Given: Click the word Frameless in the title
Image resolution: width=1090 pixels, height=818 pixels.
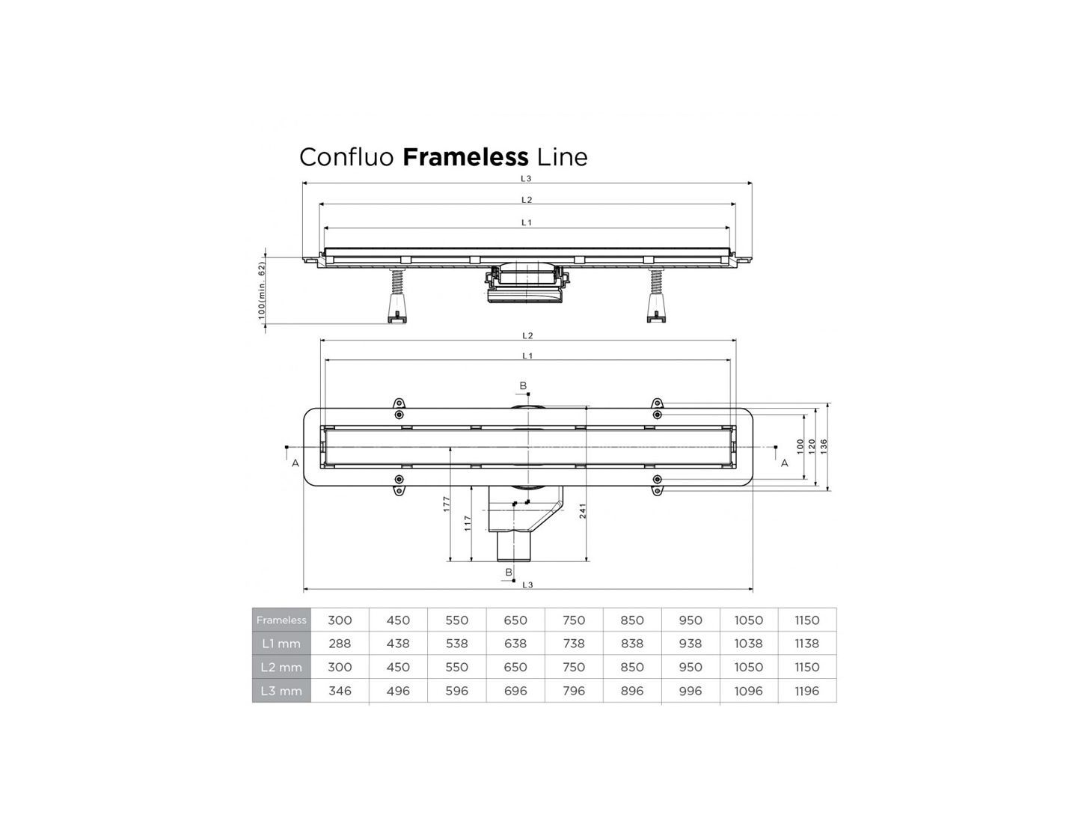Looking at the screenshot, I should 465,157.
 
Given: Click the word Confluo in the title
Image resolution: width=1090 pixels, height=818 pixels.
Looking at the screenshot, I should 346,157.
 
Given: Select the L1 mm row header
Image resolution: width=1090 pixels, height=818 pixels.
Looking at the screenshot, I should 281,644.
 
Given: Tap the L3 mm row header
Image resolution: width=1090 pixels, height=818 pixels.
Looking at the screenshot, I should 281,691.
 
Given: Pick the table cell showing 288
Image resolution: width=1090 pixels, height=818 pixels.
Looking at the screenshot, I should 340,644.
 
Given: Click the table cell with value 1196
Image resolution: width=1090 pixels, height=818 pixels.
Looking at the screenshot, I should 807,691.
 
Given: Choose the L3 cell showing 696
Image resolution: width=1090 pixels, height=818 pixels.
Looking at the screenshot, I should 515,691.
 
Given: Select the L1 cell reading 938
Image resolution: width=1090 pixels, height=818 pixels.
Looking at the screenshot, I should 691,644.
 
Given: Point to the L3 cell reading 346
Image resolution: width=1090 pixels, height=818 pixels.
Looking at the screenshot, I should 340,691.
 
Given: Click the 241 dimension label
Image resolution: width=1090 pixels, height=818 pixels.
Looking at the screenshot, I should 582,510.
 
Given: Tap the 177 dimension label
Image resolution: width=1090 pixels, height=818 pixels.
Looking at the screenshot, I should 446,504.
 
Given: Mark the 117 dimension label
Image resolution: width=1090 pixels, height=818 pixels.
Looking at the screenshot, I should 468,522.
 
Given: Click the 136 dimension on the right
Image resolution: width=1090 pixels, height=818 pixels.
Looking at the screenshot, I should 824,446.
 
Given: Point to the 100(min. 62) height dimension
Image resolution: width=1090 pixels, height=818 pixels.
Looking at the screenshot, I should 262,291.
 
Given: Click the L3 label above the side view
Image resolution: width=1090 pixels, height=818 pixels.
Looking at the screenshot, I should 526,178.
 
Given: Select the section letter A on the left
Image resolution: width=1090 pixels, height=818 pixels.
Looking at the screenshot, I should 296,463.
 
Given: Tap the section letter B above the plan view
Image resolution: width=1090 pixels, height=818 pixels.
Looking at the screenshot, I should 523,386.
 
